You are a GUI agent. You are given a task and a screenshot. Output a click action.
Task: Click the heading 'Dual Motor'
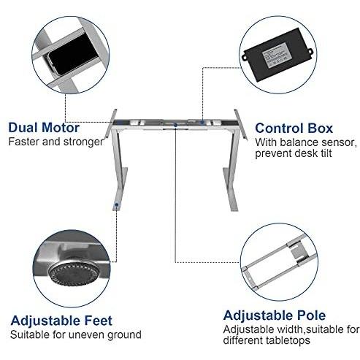point(44,128)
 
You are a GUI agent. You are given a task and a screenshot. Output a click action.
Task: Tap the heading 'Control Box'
point(294,129)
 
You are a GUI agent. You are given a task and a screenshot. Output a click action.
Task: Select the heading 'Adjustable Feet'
point(61,321)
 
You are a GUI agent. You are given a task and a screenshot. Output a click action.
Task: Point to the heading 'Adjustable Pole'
point(275,315)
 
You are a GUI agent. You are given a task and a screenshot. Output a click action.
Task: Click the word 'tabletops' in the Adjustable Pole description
point(288,340)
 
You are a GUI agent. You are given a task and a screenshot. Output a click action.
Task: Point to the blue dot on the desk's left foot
point(117,204)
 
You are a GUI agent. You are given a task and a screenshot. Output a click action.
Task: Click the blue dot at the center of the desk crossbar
point(175,125)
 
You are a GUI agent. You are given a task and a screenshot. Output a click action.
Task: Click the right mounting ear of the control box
point(310,52)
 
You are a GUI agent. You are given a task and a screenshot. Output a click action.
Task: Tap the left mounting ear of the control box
point(244,58)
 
